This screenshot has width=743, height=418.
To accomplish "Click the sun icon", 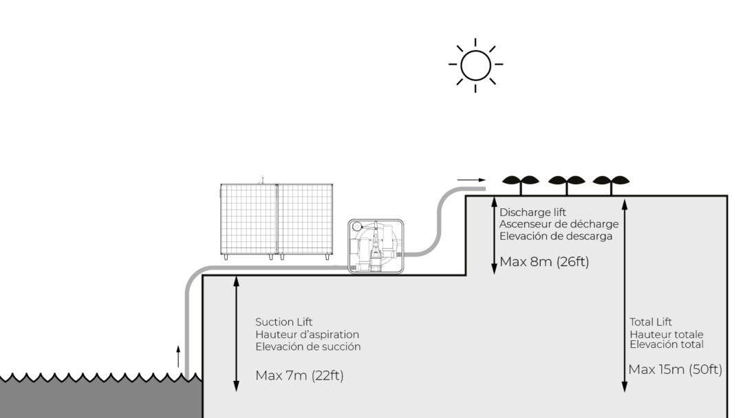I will [475, 65].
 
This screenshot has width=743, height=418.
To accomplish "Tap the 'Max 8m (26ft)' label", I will [544, 262].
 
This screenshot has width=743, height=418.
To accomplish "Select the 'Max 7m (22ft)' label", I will [299, 375].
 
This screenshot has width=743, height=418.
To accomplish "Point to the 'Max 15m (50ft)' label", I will [675, 370].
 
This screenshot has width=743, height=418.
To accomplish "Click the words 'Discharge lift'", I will [532, 212].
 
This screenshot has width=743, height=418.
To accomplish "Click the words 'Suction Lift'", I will [283, 322].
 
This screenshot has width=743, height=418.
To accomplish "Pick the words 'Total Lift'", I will [651, 322].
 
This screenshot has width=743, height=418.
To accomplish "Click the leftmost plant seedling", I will [521, 182].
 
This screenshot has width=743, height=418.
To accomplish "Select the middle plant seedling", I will [566, 182].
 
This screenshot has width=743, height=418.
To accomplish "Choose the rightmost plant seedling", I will [611, 182].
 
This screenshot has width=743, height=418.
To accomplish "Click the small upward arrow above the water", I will [178, 357].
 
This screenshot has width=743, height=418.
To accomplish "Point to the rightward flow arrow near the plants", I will [471, 180].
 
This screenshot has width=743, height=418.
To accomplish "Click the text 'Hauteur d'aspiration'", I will [307, 334].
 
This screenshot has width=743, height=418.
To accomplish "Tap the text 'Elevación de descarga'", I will [556, 236].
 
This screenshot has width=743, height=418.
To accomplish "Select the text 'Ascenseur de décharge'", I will [559, 224].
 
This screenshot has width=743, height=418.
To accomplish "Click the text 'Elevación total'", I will [667, 344].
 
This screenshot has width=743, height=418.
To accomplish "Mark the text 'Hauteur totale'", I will [667, 334].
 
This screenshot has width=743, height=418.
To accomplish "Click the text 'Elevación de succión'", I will [308, 346].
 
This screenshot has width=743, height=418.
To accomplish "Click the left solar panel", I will [248, 219].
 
